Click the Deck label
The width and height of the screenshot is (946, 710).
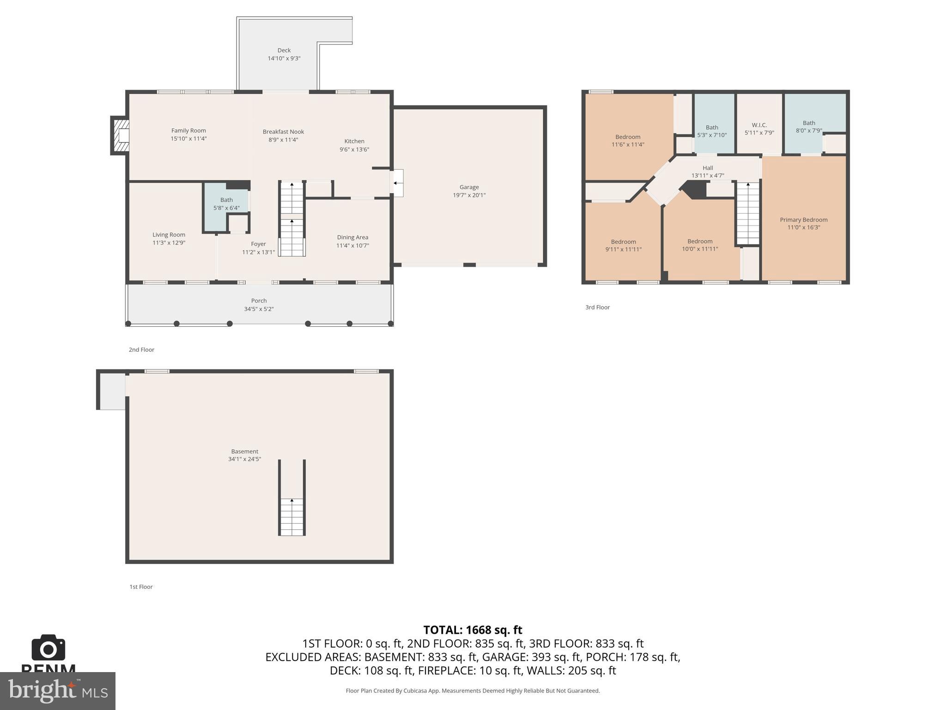[x=284, y=50]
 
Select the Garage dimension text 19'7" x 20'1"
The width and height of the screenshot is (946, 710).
[x=469, y=195]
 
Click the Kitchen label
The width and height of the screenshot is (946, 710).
[x=354, y=141]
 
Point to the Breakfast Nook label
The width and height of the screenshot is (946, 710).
[x=283, y=132]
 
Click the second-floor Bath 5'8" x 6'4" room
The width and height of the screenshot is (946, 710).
[x=226, y=204]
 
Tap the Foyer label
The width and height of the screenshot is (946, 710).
[x=258, y=244]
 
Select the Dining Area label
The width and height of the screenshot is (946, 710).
[x=352, y=237]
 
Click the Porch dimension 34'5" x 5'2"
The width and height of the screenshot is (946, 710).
[x=259, y=309]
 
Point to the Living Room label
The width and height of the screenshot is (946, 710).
[x=169, y=235]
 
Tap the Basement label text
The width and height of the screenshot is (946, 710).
[x=244, y=451]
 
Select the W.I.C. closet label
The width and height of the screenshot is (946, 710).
[x=759, y=125]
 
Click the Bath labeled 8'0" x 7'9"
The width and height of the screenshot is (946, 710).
[x=808, y=126]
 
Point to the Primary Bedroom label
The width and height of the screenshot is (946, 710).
[x=803, y=220]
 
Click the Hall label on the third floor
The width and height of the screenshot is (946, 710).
[x=707, y=168]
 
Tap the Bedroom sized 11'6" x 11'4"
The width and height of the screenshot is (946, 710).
[x=627, y=141]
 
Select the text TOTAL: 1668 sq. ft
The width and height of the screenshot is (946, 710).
[x=473, y=630]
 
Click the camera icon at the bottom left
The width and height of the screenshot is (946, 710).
[x=48, y=648]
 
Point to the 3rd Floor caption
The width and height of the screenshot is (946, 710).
[x=597, y=307]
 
